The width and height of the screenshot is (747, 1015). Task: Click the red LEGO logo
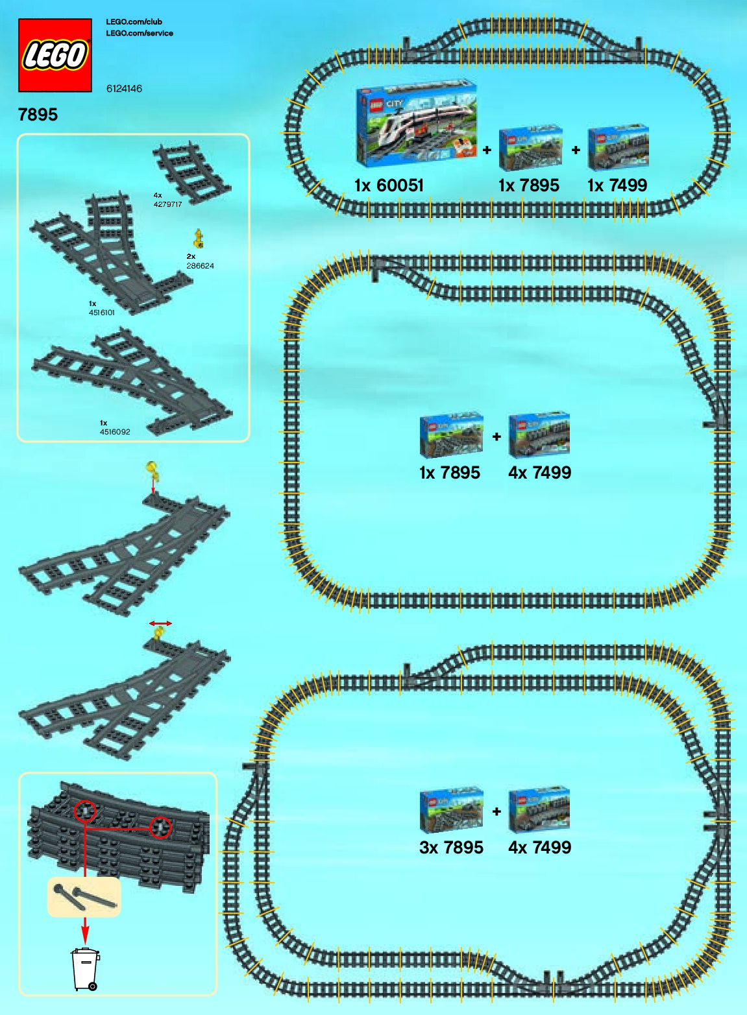[x=55, y=55]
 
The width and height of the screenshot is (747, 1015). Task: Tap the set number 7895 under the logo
[x=38, y=115]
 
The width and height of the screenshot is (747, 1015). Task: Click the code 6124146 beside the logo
[x=124, y=89]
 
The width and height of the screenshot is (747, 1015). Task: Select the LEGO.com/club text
[x=134, y=22]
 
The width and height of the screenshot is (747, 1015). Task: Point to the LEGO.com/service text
[x=140, y=33]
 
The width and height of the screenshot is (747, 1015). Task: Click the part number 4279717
[x=167, y=204]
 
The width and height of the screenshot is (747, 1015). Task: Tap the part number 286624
[x=200, y=266]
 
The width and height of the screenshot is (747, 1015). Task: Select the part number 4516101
[x=102, y=313]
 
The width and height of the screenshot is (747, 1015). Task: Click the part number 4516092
[x=115, y=432]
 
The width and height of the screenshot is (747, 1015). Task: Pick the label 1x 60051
[x=389, y=185]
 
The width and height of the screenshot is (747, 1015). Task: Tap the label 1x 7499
[x=617, y=185]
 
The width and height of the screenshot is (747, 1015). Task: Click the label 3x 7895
[x=451, y=848]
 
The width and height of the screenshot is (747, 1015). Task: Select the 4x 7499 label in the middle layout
[x=539, y=473]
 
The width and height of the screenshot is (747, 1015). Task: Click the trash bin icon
[x=85, y=969]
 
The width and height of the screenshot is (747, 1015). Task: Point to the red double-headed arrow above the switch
[x=160, y=624]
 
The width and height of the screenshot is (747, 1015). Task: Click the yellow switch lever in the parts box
[x=199, y=238]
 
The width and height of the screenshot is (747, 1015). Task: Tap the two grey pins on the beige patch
[x=84, y=896]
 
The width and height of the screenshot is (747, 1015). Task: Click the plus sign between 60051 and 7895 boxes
[x=487, y=150]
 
